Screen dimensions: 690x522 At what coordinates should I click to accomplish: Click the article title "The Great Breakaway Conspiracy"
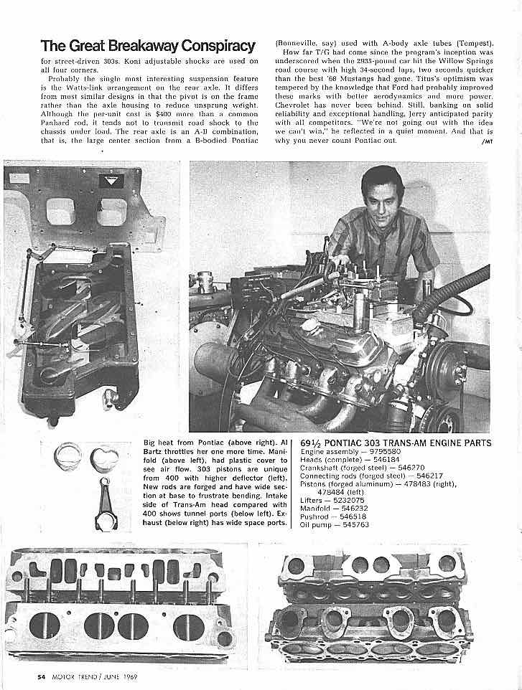[x=149, y=46]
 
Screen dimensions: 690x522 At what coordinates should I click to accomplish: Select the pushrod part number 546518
[x=353, y=516]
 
